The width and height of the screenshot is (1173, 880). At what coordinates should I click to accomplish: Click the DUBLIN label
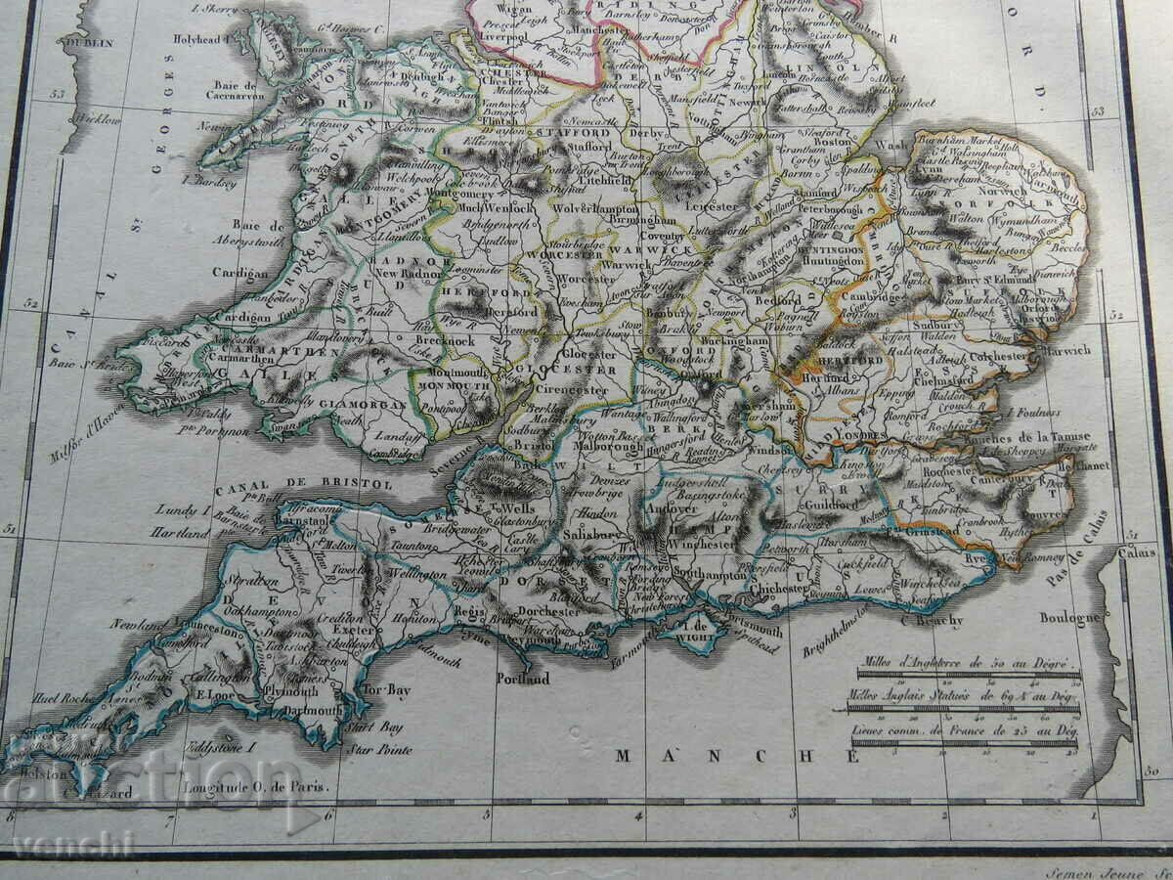coord(89,43)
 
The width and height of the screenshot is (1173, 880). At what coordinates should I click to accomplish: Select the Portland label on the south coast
coord(523,678)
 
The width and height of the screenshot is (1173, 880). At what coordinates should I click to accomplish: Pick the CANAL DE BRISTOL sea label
coord(304,484)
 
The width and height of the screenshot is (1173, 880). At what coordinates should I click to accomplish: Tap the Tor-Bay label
coord(386,689)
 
